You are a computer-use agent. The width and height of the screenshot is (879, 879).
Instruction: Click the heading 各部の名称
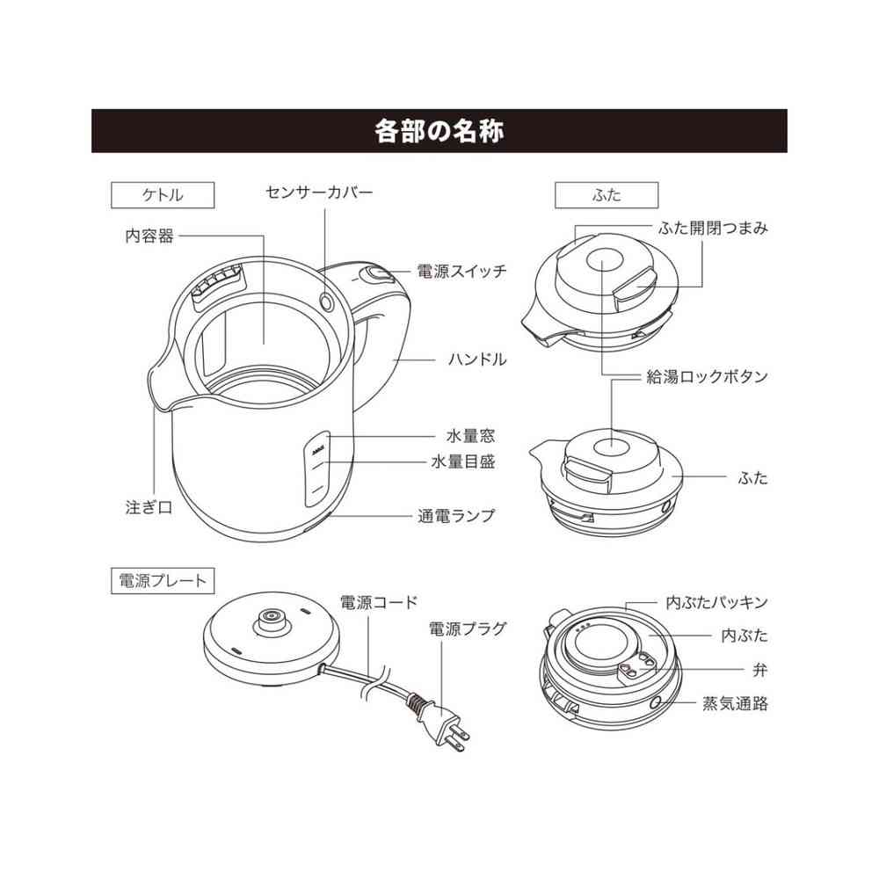click(x=439, y=131)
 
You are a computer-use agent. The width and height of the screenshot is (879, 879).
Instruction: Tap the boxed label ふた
click(x=606, y=195)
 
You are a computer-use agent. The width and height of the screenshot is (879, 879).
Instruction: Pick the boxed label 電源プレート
click(x=163, y=580)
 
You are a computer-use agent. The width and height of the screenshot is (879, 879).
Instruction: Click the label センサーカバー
click(x=319, y=191)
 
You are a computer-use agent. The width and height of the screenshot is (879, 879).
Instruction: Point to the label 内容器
click(x=149, y=236)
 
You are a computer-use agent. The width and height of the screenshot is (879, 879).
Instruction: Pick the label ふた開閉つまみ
click(x=713, y=229)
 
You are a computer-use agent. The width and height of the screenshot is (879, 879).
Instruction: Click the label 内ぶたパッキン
click(x=716, y=603)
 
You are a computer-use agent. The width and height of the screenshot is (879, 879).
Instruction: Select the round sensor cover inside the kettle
click(x=328, y=302)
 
